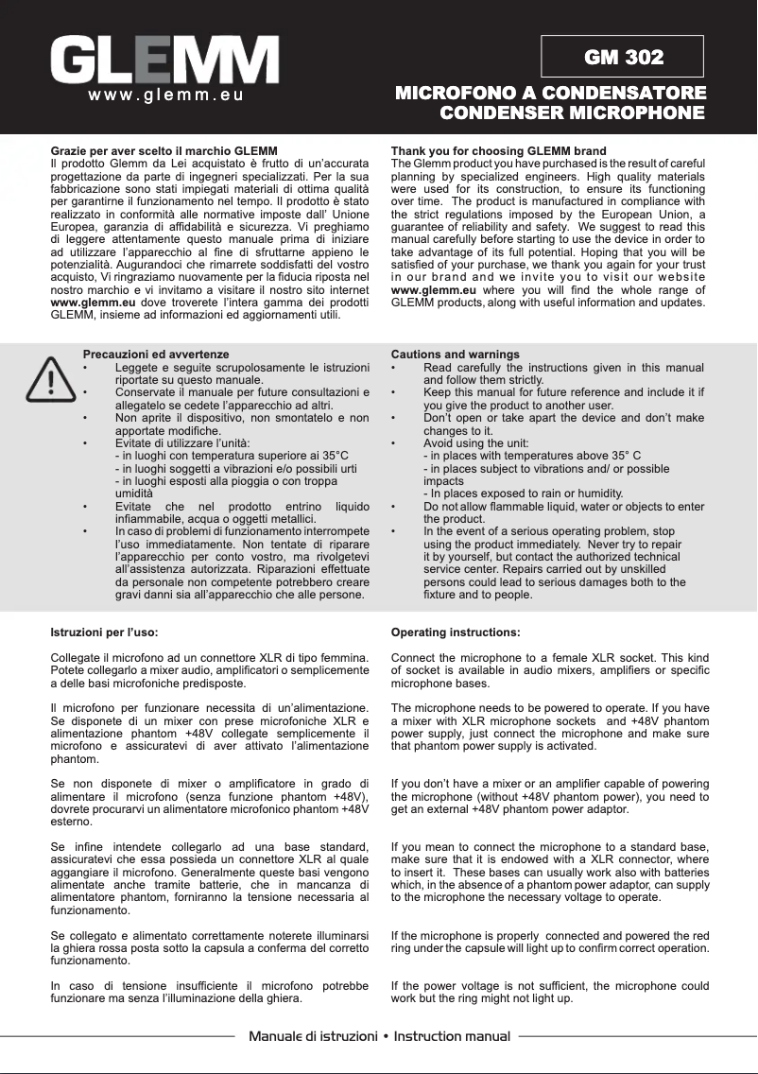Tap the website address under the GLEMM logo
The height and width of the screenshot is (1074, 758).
point(166,95)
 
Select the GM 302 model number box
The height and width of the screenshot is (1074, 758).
point(623,57)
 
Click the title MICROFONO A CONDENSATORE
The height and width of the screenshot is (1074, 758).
point(550,93)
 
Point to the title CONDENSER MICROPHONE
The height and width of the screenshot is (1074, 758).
point(573,113)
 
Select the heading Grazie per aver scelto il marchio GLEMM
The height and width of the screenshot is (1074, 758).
point(164,151)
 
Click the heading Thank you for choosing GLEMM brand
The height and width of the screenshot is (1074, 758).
point(498,151)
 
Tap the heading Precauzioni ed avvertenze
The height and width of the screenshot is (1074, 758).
point(156,355)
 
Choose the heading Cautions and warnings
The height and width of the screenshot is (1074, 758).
point(455,355)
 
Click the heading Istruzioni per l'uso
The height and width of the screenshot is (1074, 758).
point(104,631)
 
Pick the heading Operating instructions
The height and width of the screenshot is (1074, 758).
point(455,631)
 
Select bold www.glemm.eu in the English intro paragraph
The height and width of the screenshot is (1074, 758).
point(433,290)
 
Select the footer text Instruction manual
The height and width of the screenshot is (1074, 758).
point(452,1037)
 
